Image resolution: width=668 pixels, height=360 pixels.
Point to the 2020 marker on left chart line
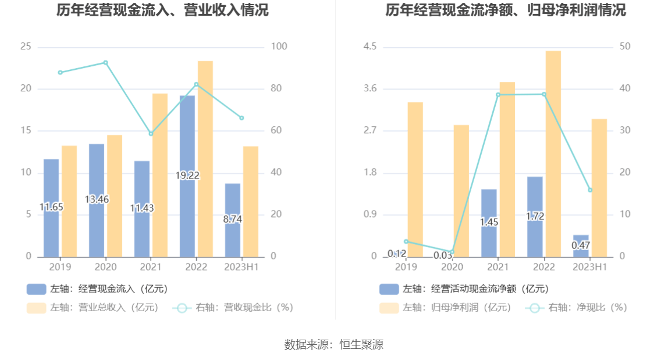click(x=105, y=62)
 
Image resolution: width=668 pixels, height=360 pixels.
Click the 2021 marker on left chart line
click(x=151, y=134)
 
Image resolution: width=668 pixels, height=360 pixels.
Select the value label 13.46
click(x=97, y=199)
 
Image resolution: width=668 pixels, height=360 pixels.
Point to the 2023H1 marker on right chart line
click(x=590, y=190)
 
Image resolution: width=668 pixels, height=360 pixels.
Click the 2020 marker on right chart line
click(x=452, y=252)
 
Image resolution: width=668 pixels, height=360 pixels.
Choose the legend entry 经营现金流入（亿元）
click(x=97, y=289)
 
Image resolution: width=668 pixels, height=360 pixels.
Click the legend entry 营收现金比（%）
click(x=233, y=308)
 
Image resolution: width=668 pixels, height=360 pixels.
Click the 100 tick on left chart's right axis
click(x=279, y=47)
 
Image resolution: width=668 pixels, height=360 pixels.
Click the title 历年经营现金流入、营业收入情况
click(x=162, y=10)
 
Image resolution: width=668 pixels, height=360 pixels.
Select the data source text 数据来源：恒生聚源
click(x=334, y=344)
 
